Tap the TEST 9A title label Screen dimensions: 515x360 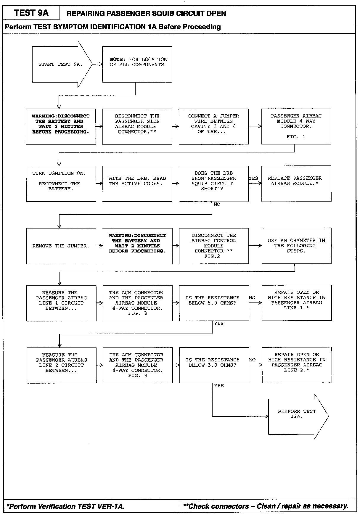tap(31, 13)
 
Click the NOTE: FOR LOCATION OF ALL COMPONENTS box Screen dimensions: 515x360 tap(137, 64)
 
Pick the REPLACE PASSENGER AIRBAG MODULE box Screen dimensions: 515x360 tap(296, 184)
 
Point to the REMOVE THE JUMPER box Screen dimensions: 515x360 tap(61, 246)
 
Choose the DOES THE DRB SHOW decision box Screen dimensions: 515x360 tap(213, 184)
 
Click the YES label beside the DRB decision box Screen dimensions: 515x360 tap(253, 178)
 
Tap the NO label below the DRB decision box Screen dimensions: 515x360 tap(217, 205)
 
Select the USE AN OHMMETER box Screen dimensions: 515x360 tap(296, 246)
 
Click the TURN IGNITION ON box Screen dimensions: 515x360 tap(61, 184)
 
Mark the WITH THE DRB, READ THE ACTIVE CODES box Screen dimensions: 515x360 tap(137, 184)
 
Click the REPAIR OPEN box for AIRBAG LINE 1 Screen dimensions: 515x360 tap(296, 303)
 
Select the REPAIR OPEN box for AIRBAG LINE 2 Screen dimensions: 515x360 tap(297, 365)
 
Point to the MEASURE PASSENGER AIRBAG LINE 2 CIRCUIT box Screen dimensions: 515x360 tap(61, 365)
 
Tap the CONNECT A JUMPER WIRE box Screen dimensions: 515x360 tap(213, 126)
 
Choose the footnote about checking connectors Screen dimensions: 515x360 tap(266, 506)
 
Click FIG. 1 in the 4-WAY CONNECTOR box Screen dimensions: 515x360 tap(296, 137)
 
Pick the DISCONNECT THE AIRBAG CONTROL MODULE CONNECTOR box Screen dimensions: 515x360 tap(213, 246)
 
